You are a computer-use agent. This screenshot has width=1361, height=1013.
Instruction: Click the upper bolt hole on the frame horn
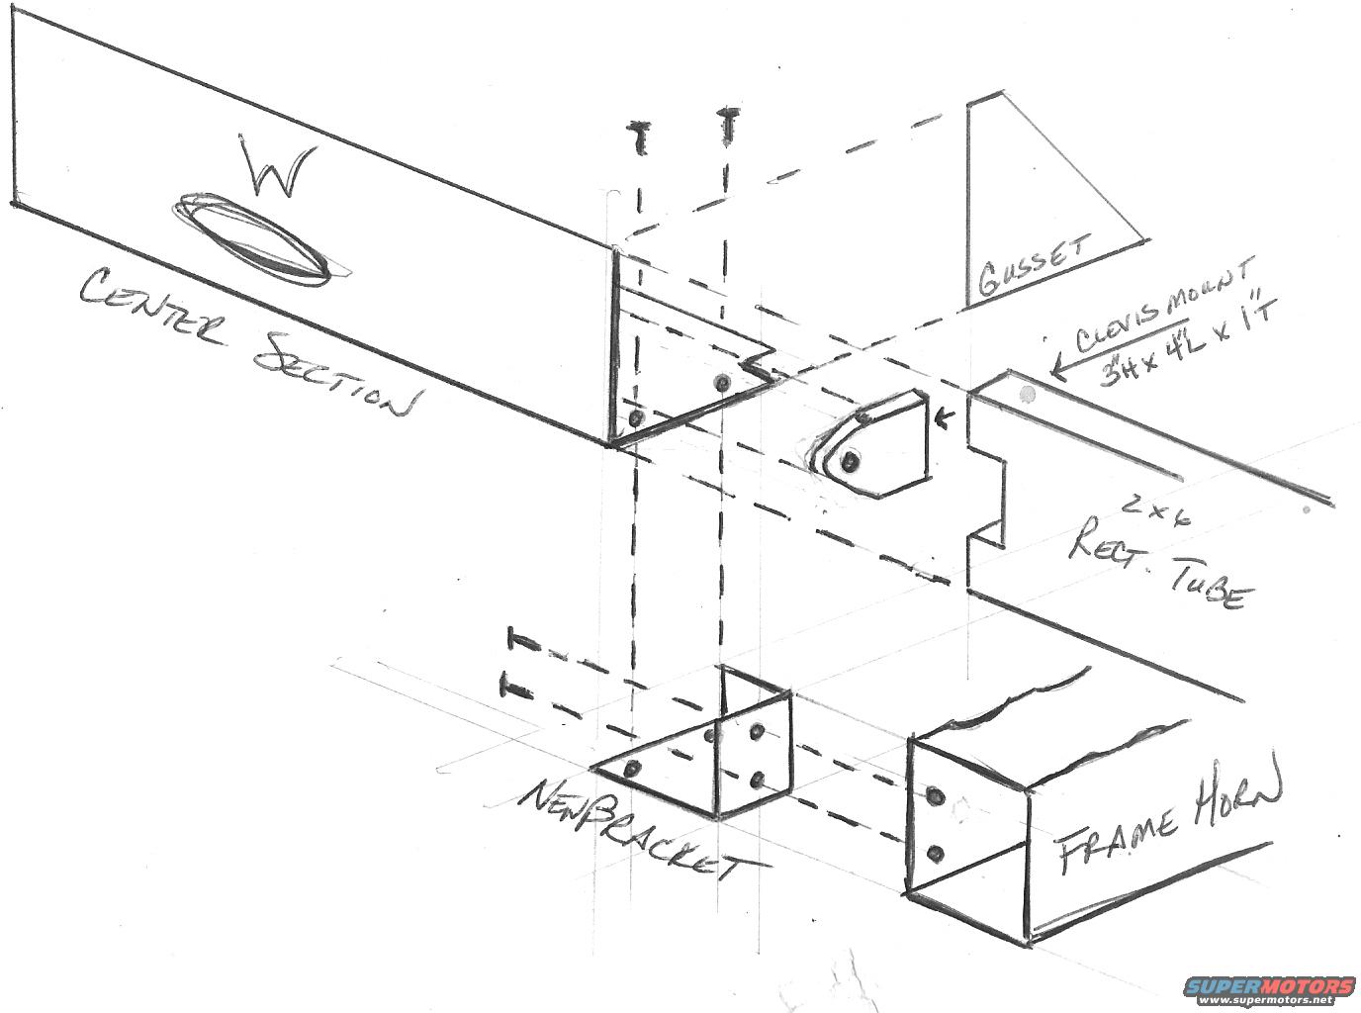click(934, 794)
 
